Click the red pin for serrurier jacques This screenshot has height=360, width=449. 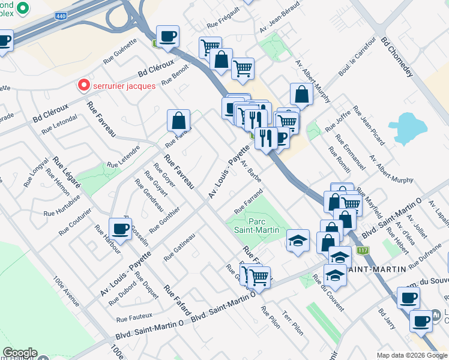pyautogui.click(x=85, y=85)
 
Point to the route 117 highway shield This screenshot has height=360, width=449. pyautogui.click(x=361, y=250)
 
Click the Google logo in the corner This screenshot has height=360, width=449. pyautogui.click(x=20, y=353)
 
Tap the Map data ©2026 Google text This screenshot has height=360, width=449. pyautogui.click(x=411, y=355)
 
